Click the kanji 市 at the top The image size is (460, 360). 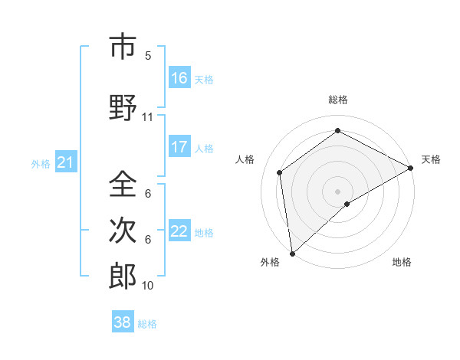click(x=122, y=47)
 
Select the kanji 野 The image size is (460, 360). click(x=122, y=107)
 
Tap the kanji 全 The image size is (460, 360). click(x=122, y=185)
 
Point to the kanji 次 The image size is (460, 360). click(x=122, y=230)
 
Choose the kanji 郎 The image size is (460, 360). click(x=122, y=275)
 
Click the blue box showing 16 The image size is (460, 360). click(x=179, y=78)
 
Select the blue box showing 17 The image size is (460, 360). click(x=179, y=147)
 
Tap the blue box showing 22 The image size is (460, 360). click(x=179, y=231)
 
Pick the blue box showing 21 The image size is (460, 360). click(x=65, y=162)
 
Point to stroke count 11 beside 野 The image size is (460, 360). click(x=147, y=117)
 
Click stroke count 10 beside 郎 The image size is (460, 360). click(x=147, y=285)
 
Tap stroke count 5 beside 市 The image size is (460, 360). click(x=148, y=56)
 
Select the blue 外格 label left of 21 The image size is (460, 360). click(x=41, y=163)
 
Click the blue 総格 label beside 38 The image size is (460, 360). click(x=147, y=324)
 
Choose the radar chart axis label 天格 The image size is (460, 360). click(x=431, y=159)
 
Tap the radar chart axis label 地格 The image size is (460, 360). click(x=402, y=262)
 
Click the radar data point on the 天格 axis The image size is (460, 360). click(x=411, y=168)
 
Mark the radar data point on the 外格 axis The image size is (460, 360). click(x=291, y=253)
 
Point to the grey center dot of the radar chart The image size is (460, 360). click(x=337, y=191)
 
